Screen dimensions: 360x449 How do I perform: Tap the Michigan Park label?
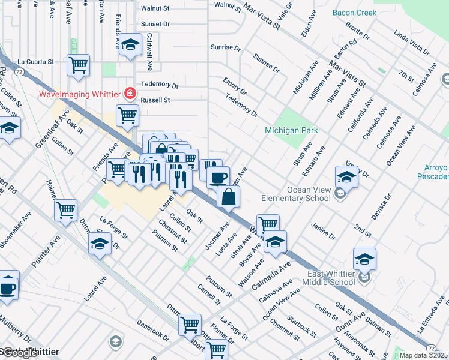point(291,130)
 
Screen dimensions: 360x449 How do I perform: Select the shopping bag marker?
point(229,197)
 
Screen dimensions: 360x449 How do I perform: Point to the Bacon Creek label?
point(355,13)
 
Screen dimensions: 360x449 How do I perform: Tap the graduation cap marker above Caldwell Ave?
point(130,45)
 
